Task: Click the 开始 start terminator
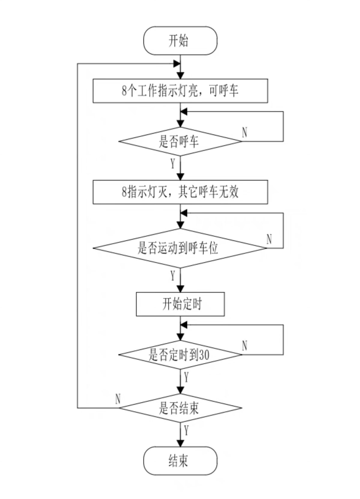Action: (x=180, y=41)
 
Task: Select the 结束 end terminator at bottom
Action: (x=180, y=461)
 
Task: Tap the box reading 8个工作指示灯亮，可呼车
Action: (x=180, y=91)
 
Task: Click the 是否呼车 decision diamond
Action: (x=180, y=141)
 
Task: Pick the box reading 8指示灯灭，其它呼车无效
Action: (x=180, y=192)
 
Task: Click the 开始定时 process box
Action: (x=180, y=304)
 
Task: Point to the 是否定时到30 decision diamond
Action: (x=180, y=355)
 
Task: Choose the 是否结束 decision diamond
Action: (x=180, y=408)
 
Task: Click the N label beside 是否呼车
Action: (x=245, y=132)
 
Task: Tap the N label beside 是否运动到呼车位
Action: (x=269, y=239)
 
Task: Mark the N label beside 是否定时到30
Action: (x=245, y=346)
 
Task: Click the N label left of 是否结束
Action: (x=118, y=399)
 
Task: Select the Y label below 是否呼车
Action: (x=173, y=164)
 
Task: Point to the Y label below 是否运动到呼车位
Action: (x=173, y=275)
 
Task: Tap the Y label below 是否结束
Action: (x=186, y=431)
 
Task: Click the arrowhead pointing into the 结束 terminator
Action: (x=180, y=443)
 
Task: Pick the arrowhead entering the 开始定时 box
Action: (x=180, y=289)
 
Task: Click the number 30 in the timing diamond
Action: (x=204, y=355)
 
